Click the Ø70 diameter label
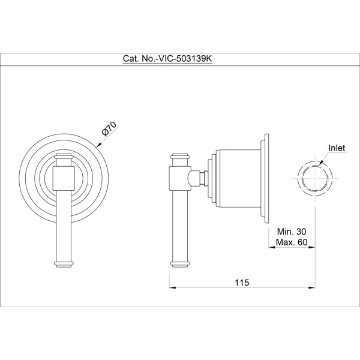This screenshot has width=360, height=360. [x=109, y=129]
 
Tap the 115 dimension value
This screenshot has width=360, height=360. [x=242, y=283]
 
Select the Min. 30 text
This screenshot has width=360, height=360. [x=292, y=232]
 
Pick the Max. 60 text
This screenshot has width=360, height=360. [x=292, y=242]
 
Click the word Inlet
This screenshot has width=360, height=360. [x=337, y=148]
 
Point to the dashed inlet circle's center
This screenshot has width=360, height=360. [x=315, y=178]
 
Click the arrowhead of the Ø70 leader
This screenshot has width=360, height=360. [x=99, y=145]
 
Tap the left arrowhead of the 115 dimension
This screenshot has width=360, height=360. [x=172, y=287]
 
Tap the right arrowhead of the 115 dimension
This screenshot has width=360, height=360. [x=311, y=287]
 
